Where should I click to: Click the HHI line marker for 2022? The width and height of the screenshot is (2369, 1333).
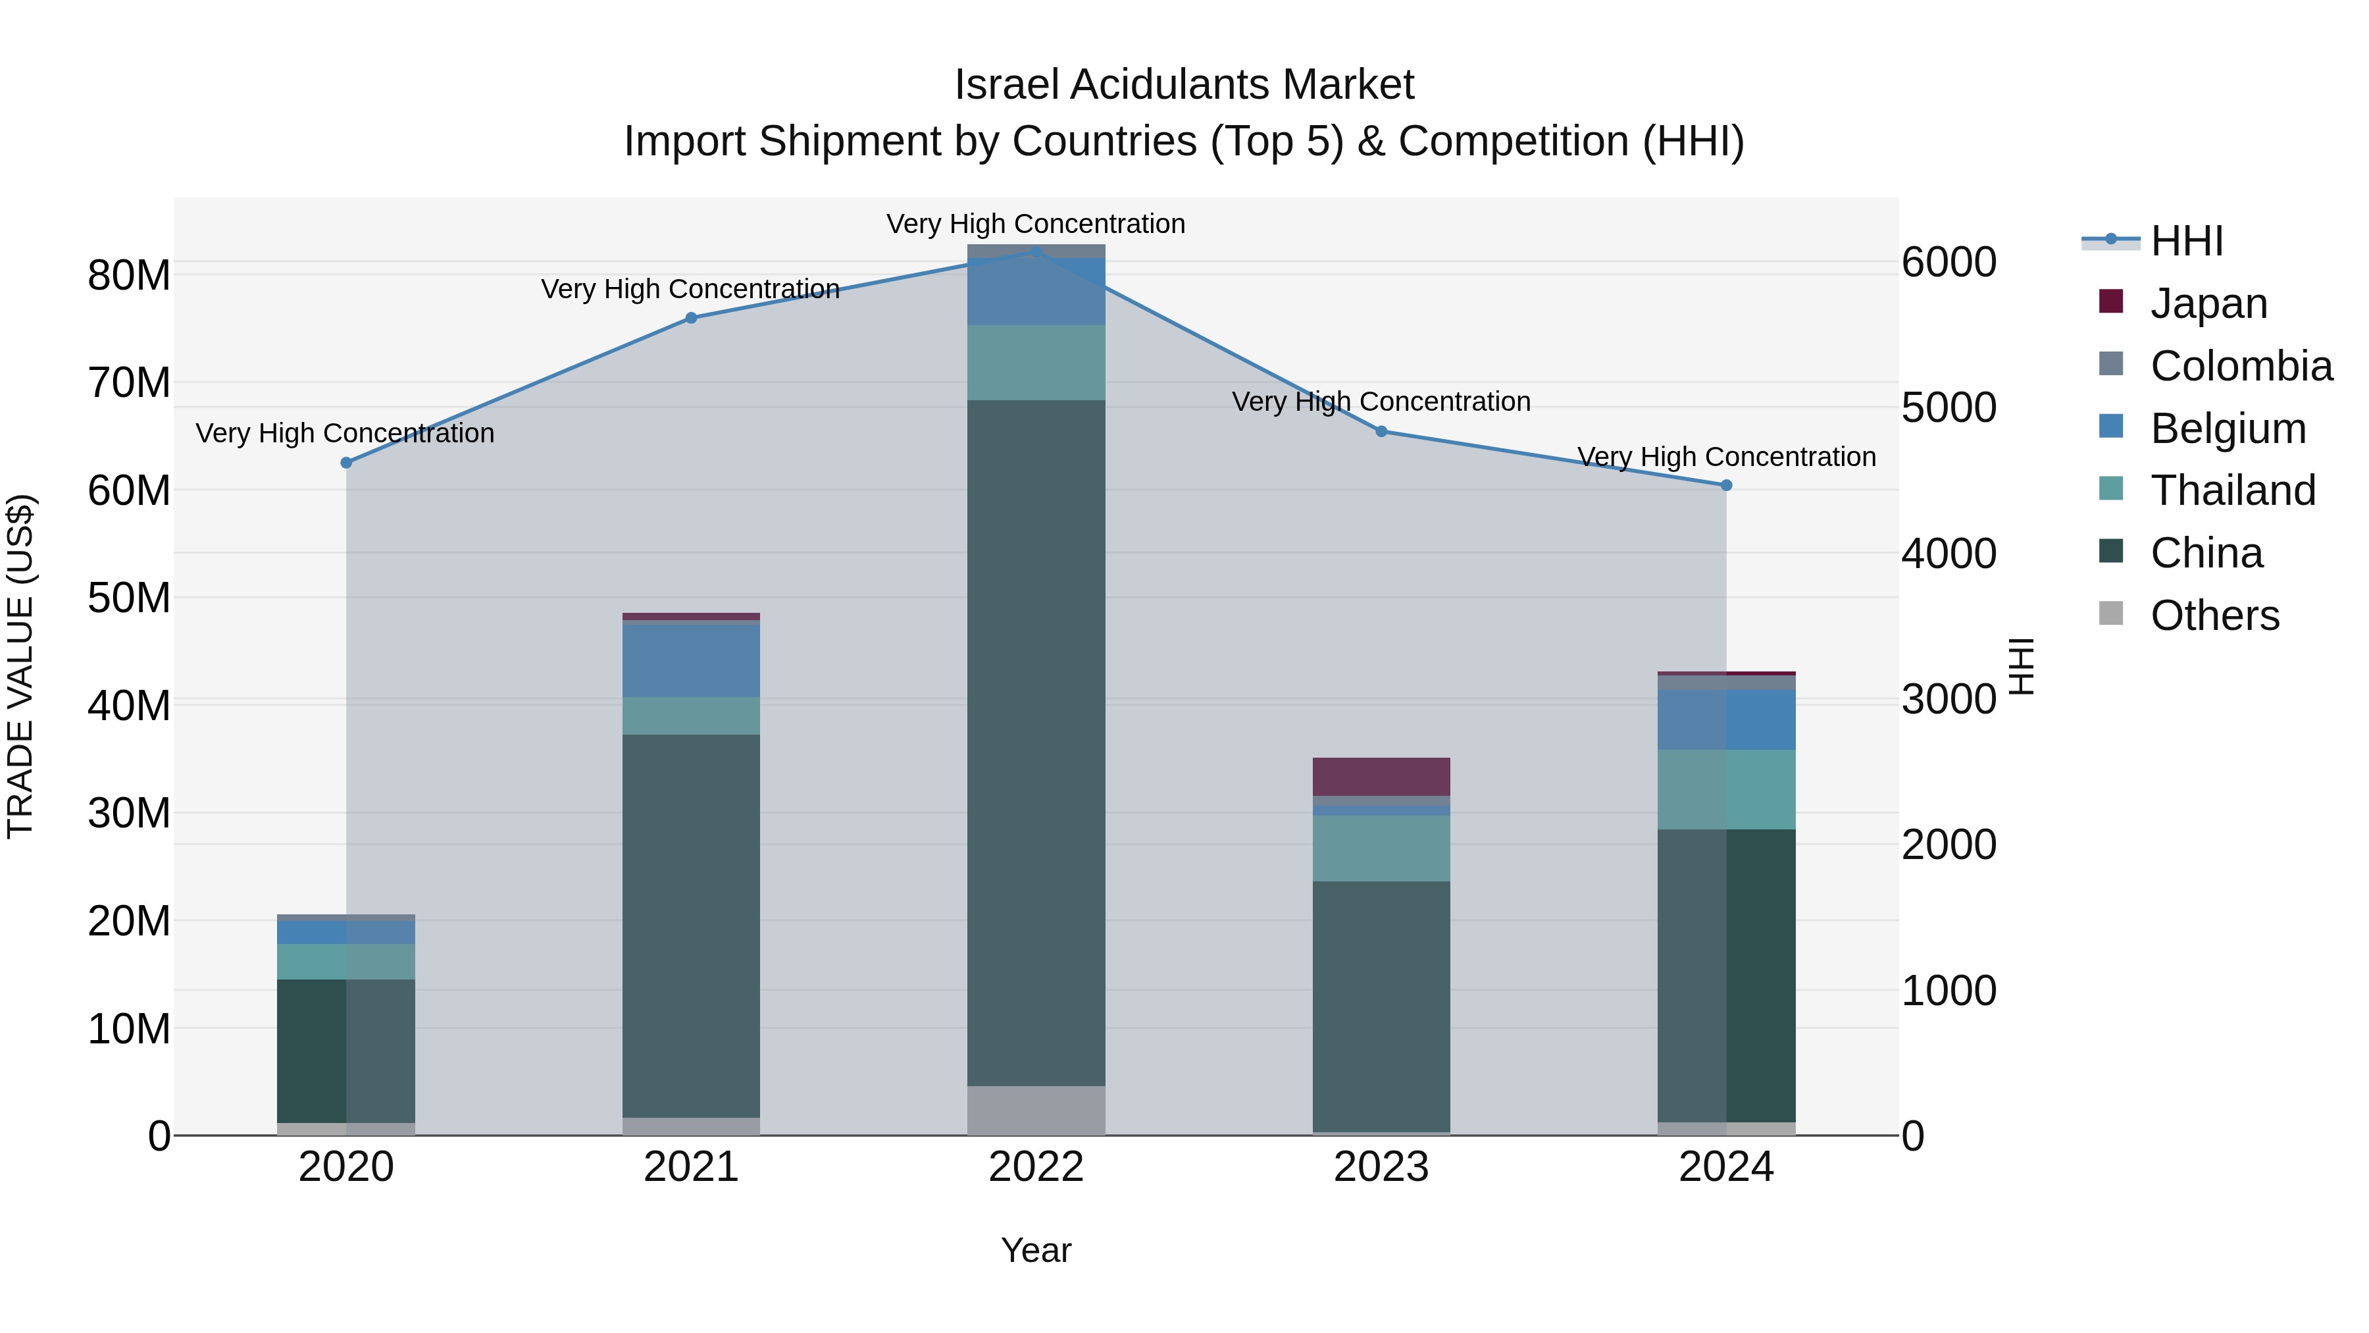pyautogui.click(x=1036, y=251)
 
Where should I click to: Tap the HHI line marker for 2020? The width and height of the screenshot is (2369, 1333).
pyautogui.click(x=345, y=463)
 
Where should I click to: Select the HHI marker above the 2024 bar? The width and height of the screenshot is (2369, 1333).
pyautogui.click(x=1725, y=484)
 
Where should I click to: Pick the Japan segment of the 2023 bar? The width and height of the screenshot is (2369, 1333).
pyautogui.click(x=1381, y=777)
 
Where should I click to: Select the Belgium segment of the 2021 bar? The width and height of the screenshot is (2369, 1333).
pyautogui.click(x=691, y=660)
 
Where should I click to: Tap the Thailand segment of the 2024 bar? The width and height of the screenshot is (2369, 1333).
pyautogui.click(x=1725, y=789)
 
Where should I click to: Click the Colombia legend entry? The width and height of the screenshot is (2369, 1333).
pyautogui.click(x=2239, y=366)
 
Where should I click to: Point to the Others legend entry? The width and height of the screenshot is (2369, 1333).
pyautogui.click(x=2214, y=615)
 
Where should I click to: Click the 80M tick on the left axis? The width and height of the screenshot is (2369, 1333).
pyautogui.click(x=129, y=275)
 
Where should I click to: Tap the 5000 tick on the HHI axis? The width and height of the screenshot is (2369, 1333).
pyautogui.click(x=1949, y=407)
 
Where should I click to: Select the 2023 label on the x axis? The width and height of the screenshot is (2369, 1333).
pyautogui.click(x=1381, y=1167)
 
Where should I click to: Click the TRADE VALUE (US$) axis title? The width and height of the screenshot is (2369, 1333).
pyautogui.click(x=20, y=666)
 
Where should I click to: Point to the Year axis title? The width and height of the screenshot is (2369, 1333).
pyautogui.click(x=1036, y=1250)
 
